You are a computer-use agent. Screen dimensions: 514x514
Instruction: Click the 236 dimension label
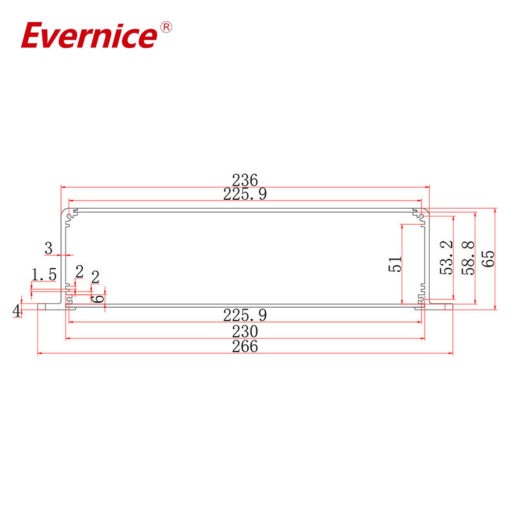click(x=245, y=180)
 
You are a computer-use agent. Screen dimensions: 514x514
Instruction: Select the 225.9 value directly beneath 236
click(x=245, y=193)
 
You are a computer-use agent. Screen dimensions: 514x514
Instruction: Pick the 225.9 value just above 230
click(x=245, y=315)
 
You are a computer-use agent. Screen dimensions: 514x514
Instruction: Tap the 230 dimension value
click(x=245, y=331)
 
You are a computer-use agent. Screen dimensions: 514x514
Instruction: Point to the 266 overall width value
click(x=245, y=346)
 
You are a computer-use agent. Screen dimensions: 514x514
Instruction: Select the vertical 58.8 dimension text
click(x=467, y=258)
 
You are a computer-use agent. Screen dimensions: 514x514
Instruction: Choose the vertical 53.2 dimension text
click(x=447, y=258)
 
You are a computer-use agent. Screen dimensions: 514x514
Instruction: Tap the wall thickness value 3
click(x=48, y=247)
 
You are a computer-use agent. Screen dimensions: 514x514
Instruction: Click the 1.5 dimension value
click(x=44, y=274)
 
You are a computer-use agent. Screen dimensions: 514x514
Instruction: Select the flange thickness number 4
click(x=17, y=311)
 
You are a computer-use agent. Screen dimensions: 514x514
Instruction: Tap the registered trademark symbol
click(x=165, y=27)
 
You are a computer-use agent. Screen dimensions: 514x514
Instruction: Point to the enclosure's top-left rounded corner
click(x=64, y=212)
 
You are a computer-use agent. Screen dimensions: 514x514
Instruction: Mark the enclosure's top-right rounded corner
click(x=426, y=212)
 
